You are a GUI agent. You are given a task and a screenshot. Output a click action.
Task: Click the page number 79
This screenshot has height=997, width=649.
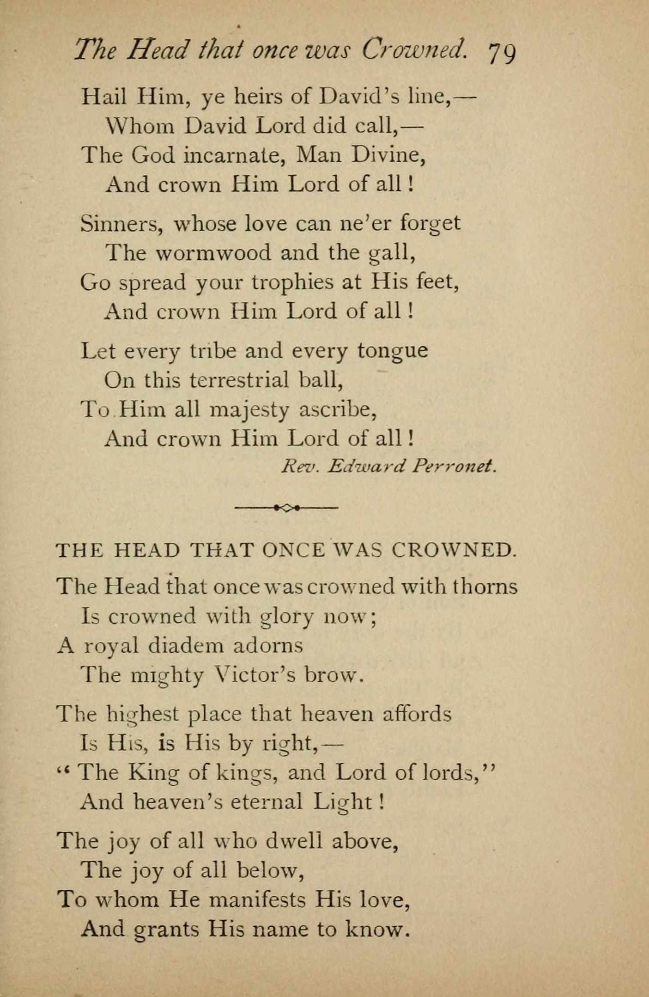pyautogui.click(x=502, y=53)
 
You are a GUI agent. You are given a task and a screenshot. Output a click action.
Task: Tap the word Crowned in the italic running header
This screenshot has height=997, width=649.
pyautogui.click(x=413, y=49)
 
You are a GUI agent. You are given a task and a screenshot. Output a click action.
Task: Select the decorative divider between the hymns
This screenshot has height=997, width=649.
pyautogui.click(x=286, y=508)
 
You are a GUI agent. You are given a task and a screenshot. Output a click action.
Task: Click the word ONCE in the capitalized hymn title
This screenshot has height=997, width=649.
pyautogui.click(x=293, y=550)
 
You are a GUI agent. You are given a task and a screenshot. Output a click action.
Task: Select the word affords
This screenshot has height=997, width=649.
pyautogui.click(x=417, y=714)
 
